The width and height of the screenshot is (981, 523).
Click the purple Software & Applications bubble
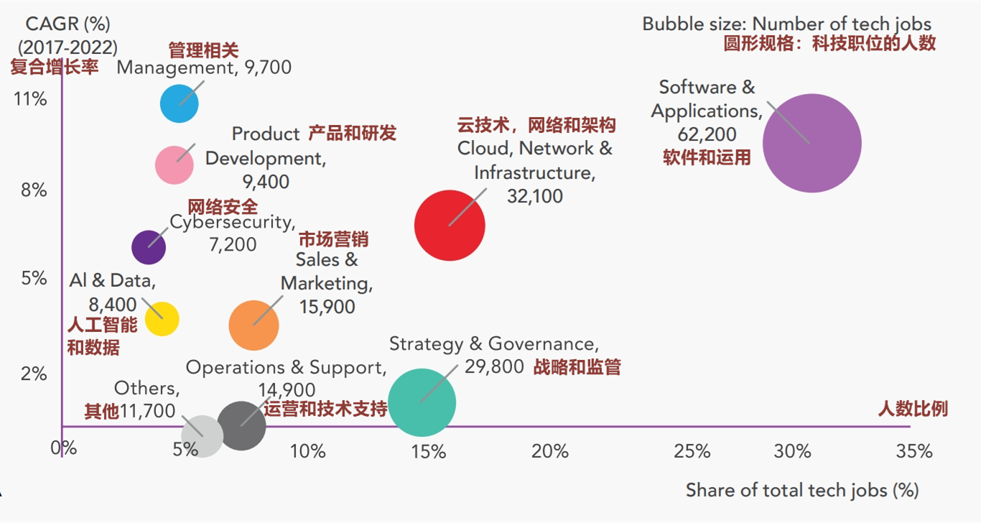click(x=812, y=143)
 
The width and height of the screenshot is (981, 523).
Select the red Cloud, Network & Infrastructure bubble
click(x=450, y=225)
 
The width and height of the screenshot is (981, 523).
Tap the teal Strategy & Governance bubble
click(x=422, y=402)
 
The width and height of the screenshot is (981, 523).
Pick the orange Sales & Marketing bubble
click(x=254, y=325)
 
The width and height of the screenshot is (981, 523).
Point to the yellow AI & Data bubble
click(x=162, y=319)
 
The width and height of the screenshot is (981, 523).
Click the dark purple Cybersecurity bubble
click(x=149, y=247)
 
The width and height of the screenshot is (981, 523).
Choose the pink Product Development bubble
click(x=175, y=165)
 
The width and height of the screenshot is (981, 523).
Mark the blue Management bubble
click(x=179, y=103)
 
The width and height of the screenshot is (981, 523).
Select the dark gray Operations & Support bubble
click(x=241, y=425)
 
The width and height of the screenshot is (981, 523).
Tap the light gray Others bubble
click(x=202, y=435)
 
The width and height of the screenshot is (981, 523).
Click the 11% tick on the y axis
click(x=31, y=98)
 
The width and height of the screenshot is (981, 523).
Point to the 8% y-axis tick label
click(x=33, y=190)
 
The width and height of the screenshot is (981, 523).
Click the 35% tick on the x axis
click(x=915, y=452)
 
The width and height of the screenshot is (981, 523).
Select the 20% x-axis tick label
click(x=550, y=452)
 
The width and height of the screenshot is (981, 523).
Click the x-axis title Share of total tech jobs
click(x=802, y=491)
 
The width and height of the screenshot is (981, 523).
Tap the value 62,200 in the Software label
click(x=707, y=134)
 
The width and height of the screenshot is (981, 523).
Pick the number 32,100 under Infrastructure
click(x=534, y=196)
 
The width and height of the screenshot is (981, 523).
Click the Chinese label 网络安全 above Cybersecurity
click(x=223, y=207)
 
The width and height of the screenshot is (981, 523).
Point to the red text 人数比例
click(x=913, y=409)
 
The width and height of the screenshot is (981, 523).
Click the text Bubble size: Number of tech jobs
click(x=786, y=24)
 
